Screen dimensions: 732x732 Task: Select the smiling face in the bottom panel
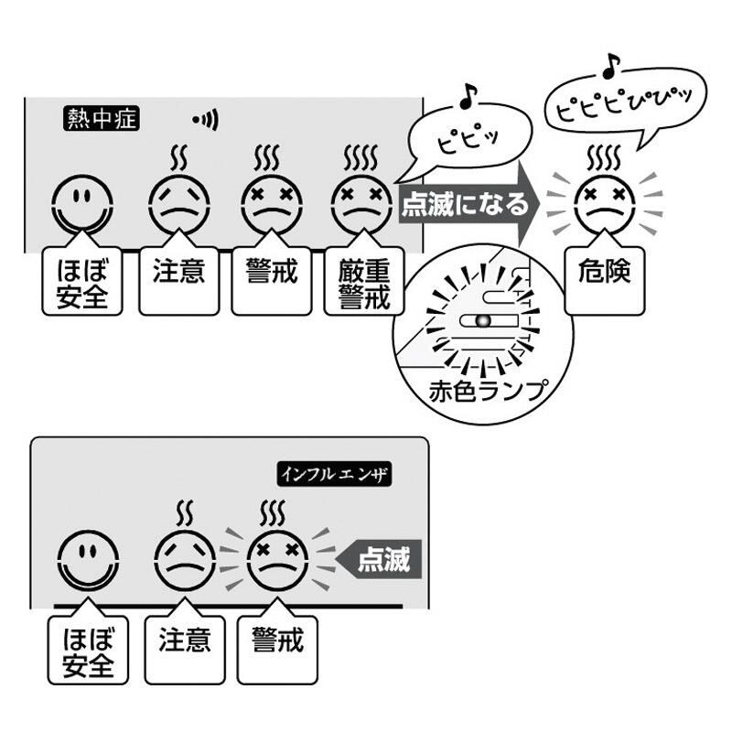click(x=89, y=558)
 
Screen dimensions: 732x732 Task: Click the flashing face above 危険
click(x=602, y=202)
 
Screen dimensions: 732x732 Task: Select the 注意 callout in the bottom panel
click(x=185, y=640)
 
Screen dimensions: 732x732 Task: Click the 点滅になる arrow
click(x=467, y=202)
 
